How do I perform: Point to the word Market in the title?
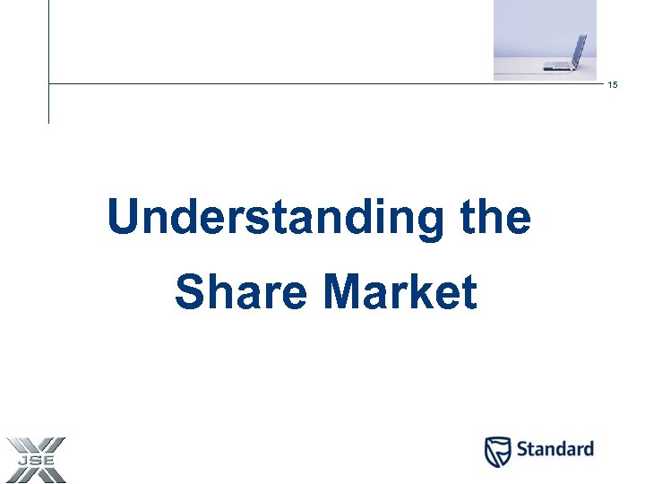coord(400,292)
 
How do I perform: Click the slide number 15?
coord(613,85)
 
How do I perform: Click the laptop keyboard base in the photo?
coord(557,65)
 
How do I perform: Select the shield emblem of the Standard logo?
coord(498,452)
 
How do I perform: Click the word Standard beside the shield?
coord(555,449)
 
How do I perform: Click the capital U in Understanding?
coord(124,218)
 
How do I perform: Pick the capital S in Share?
coord(190,292)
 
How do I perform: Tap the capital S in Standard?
coord(522,449)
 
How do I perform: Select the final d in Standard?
coord(587,449)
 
